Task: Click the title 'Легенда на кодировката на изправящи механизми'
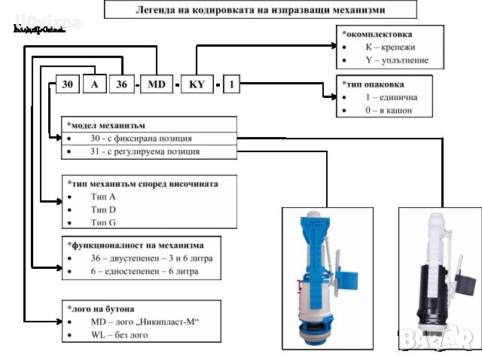click(260, 10)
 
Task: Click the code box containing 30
click(66, 84)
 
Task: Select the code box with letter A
click(94, 84)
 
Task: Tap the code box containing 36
click(120, 84)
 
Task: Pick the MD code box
click(157, 84)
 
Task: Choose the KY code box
click(197, 84)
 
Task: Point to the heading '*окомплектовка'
click(377, 34)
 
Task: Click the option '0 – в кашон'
click(389, 110)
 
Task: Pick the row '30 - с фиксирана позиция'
click(141, 139)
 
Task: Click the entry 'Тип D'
click(103, 209)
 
